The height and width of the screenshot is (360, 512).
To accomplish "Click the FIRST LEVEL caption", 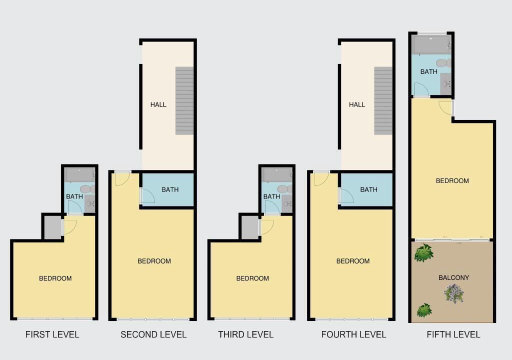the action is (52, 334).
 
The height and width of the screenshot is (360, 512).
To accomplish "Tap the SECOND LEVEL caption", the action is (153, 334).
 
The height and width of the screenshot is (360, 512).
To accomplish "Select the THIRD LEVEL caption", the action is (246, 334).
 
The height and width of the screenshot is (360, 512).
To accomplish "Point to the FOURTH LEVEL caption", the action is (353, 334).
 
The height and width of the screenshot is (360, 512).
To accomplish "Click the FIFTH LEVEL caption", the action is (453, 334).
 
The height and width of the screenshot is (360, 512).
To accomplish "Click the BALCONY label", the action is (454, 277).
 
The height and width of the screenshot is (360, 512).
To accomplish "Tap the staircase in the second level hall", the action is (184, 101).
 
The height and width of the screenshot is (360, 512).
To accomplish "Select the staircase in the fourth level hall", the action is (383, 101).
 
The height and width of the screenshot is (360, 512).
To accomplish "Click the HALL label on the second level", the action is (158, 104).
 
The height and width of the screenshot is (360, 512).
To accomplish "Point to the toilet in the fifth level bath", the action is (443, 62).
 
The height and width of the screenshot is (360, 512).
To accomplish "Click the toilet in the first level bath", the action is (87, 189).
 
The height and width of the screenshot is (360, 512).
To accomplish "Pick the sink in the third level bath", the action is (287, 204).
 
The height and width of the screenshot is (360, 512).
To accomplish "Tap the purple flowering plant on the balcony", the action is (454, 293).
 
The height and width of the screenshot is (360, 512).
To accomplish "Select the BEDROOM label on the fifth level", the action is (452, 180).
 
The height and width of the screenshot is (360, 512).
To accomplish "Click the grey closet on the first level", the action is (52, 227).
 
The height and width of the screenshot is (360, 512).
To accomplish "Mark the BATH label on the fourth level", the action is (368, 189).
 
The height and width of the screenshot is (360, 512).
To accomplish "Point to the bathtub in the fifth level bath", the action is (431, 45).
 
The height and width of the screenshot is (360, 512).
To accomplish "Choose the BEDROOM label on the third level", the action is (252, 278).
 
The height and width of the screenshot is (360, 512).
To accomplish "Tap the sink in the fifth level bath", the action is (445, 83).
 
